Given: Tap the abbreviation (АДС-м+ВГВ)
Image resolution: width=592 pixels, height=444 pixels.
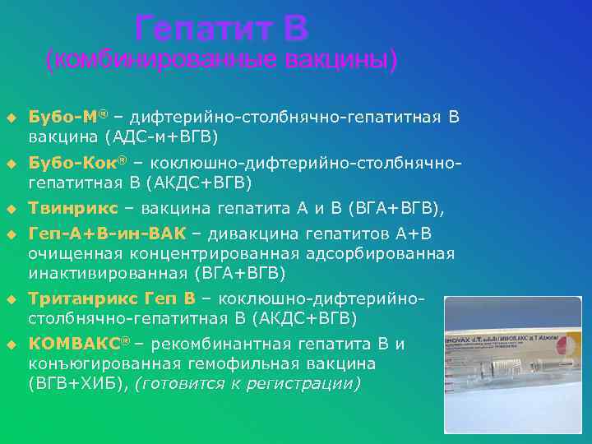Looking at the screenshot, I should (161, 136).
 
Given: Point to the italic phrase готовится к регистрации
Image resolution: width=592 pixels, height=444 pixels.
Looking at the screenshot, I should (247, 383).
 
